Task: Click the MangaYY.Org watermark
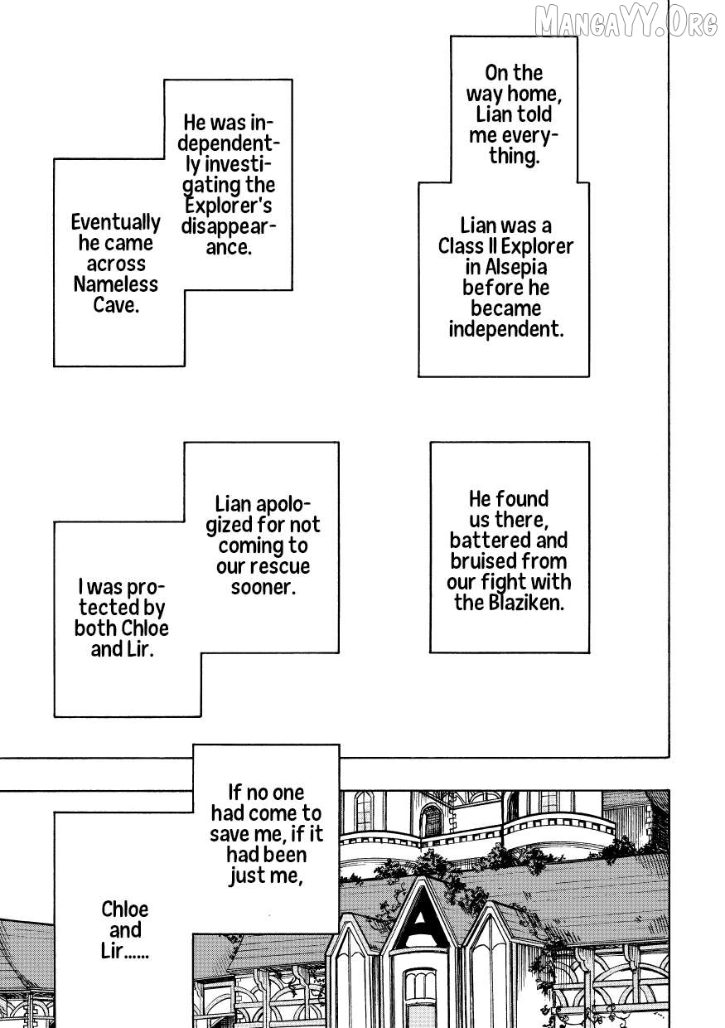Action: tap(626, 22)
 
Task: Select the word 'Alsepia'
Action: tap(506, 267)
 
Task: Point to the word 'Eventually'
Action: tap(116, 222)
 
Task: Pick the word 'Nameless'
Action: tap(116, 284)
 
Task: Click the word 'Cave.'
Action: tap(116, 305)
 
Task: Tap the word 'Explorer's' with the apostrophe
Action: tap(228, 206)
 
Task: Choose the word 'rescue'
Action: tap(278, 566)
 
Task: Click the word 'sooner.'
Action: tap(263, 587)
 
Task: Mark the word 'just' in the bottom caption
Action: tap(246, 875)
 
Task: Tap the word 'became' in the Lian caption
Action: tap(505, 308)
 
